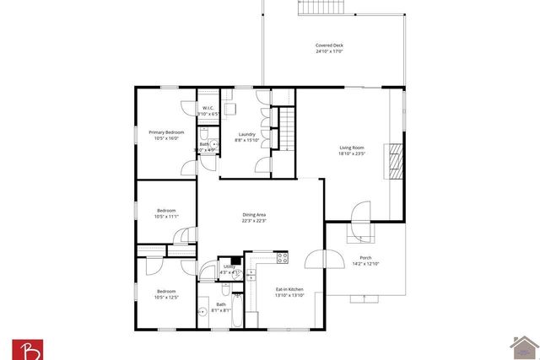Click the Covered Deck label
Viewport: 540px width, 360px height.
[329, 46]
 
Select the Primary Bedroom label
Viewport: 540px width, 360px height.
[166, 132]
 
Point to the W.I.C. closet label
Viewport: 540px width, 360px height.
[208, 108]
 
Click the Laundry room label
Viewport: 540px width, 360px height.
[246, 134]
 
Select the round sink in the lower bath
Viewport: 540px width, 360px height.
[202, 312]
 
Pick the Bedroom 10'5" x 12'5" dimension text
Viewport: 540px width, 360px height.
[166, 297]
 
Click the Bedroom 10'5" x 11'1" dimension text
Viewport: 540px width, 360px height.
[166, 217]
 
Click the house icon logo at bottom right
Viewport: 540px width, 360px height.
[525, 347]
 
